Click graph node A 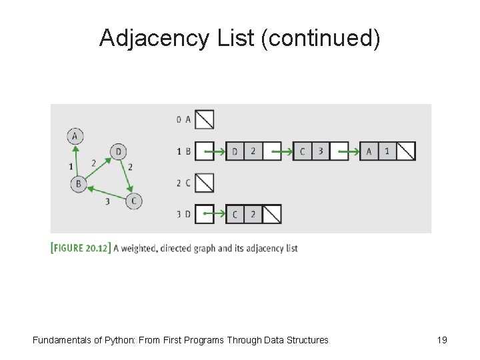coord(75,136)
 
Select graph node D coord(118,151)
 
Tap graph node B coord(79,183)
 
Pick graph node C coord(134,201)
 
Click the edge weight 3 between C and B coord(107,201)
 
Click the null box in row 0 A coord(205,119)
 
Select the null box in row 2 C coord(205,183)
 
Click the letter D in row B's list coord(235,151)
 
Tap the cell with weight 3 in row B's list coord(321,151)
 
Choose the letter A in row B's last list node coord(369,151)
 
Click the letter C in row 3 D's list coord(235,214)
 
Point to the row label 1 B coord(183,151)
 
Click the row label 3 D coord(183,214)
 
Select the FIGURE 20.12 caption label coord(81,248)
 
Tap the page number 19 coord(442,340)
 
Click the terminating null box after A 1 coord(405,151)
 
